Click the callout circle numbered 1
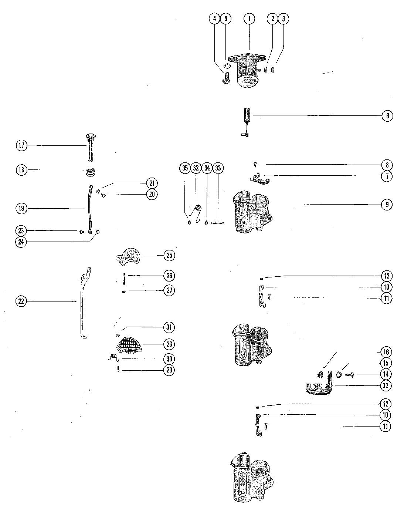click(x=249, y=18)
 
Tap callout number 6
click(x=387, y=116)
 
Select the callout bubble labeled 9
click(x=387, y=205)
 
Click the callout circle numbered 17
click(x=21, y=145)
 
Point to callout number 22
click(x=21, y=301)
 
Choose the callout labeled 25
click(x=170, y=255)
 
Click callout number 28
click(x=170, y=344)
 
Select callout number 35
click(x=185, y=168)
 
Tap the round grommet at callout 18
click(x=89, y=172)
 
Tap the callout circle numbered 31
click(x=170, y=327)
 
